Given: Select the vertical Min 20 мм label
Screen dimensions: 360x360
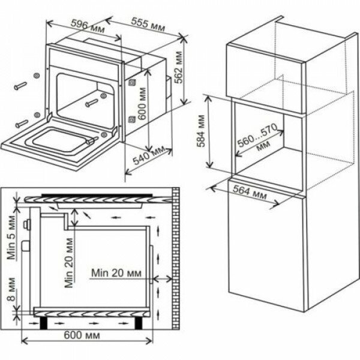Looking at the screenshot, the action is (71, 262).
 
